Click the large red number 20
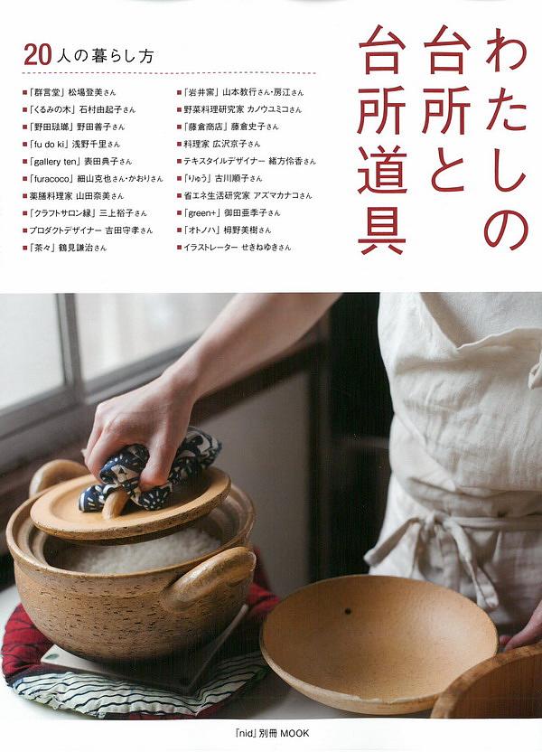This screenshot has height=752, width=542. (37, 56)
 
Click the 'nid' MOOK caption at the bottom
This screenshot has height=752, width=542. (269, 733)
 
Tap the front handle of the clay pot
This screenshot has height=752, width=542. (211, 576)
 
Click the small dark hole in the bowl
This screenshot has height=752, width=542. (347, 612)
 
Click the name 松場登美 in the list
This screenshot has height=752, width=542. (85, 92)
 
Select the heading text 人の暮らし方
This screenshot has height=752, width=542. (105, 57)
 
